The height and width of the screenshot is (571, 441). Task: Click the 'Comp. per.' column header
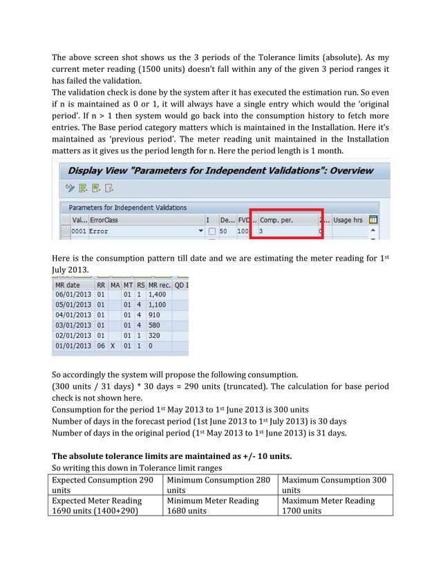[x=276, y=220]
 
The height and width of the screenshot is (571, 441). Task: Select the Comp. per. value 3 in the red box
[x=262, y=231]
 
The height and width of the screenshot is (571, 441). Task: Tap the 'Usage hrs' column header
[x=348, y=220]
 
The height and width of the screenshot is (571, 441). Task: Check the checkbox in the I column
[x=212, y=231]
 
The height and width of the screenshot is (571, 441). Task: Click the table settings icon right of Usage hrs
[x=373, y=220]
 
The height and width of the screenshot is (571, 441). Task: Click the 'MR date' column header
[x=68, y=285]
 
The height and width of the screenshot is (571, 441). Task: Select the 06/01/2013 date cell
[x=73, y=294]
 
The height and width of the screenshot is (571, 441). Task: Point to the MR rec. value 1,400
[x=160, y=294]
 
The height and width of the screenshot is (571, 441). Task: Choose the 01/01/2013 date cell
[x=73, y=346]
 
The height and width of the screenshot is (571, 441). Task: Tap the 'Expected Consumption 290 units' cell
[x=106, y=485]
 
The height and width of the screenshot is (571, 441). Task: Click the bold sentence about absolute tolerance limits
[x=172, y=456]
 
